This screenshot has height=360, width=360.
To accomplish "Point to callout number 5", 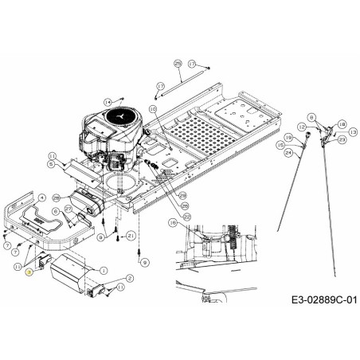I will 51,164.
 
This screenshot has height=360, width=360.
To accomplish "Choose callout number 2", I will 129,276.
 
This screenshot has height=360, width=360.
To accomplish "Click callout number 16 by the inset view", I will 174,224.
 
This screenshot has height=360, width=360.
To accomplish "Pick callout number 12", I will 301,126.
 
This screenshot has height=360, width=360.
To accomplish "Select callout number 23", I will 342,139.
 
